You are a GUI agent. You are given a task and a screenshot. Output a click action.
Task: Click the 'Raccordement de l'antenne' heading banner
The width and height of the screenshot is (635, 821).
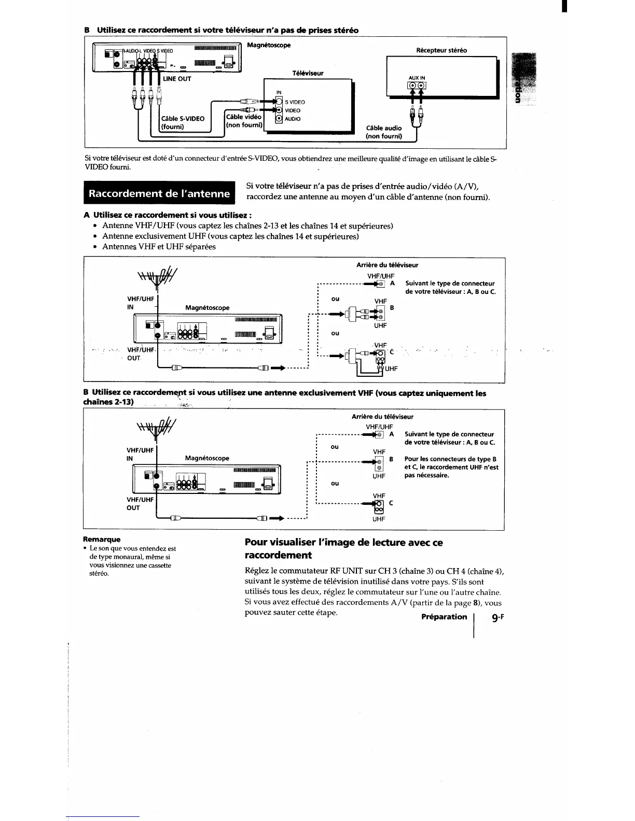(x=159, y=194)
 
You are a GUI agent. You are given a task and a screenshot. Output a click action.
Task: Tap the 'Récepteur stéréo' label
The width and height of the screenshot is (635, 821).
(x=441, y=50)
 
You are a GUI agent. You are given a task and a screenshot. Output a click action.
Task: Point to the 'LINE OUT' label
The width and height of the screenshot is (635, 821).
(x=177, y=79)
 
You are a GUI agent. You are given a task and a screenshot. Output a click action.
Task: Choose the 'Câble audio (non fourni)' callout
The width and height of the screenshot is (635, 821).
(x=384, y=132)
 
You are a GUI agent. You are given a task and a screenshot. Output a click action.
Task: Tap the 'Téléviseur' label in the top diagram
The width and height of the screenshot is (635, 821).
(x=308, y=73)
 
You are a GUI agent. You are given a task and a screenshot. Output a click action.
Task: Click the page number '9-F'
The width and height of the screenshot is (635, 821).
(x=496, y=617)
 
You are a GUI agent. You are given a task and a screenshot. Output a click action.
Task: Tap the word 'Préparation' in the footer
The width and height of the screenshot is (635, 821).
(x=444, y=617)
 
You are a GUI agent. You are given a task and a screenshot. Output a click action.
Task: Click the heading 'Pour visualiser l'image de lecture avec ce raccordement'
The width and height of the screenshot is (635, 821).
(x=343, y=549)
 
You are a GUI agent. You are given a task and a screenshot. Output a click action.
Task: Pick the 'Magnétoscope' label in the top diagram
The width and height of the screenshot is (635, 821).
(x=269, y=46)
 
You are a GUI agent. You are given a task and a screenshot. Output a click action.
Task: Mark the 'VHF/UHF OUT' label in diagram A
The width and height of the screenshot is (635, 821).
(x=140, y=354)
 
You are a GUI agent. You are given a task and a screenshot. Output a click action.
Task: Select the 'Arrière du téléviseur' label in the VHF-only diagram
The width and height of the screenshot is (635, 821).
(x=382, y=416)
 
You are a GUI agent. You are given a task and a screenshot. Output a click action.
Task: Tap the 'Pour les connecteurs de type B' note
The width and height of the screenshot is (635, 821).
(x=451, y=467)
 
